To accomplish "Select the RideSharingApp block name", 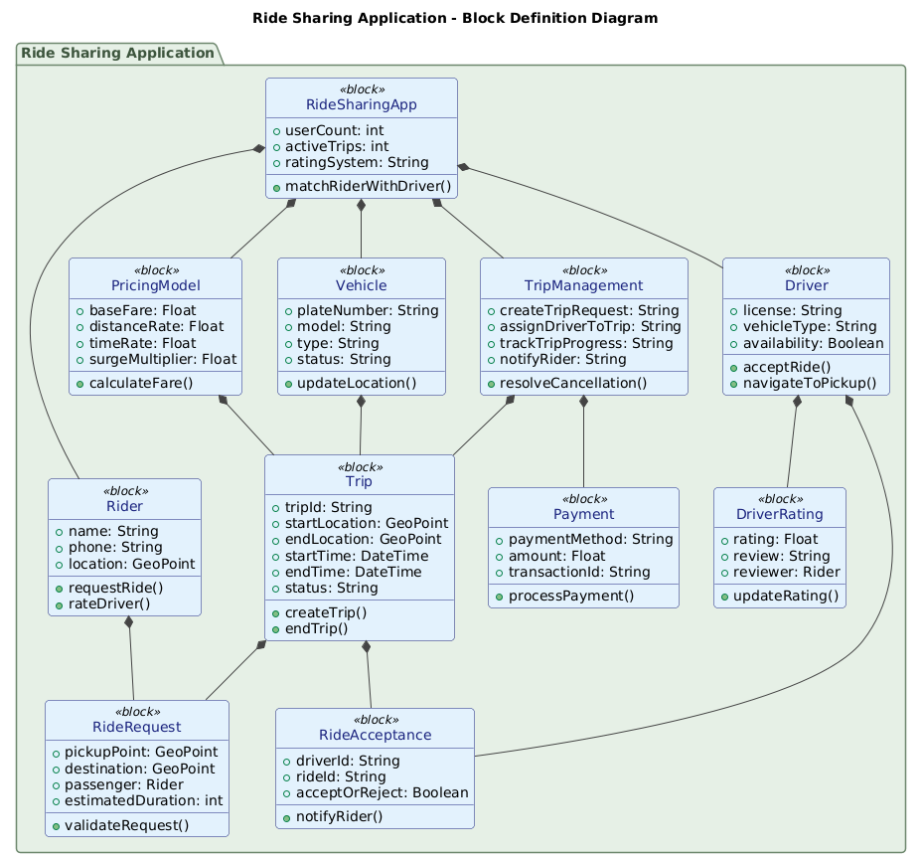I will pos(362,104).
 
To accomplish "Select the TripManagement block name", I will pos(583,285).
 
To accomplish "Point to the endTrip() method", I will pos(316,628).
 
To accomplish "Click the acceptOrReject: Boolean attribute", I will pos(380,792).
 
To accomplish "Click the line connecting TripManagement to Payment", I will pos(583,442).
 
